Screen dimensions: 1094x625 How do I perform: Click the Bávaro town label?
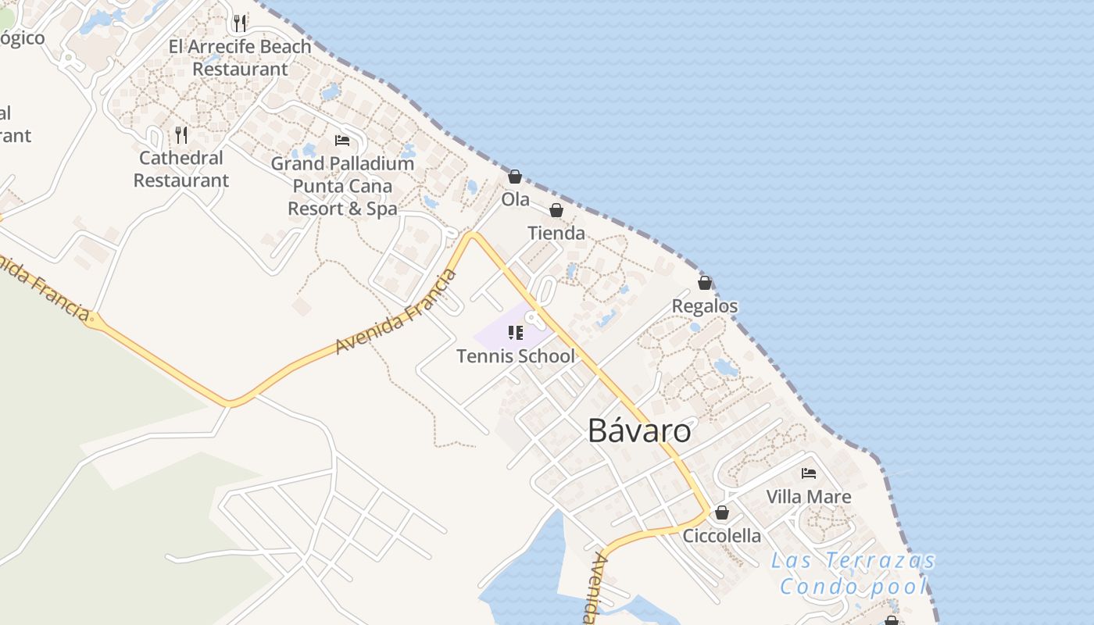[639, 430]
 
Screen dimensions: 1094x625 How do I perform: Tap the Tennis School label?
[515, 356]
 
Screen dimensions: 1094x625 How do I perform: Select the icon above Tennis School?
[515, 334]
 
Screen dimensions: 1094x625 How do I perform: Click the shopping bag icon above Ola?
[515, 177]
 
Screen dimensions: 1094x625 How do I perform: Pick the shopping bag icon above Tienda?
[556, 210]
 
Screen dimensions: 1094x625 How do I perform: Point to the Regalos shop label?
[705, 305]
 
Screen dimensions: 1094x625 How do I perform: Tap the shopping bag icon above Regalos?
[705, 283]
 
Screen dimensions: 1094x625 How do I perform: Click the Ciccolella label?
[722, 535]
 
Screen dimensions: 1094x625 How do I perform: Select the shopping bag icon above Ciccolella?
[722, 512]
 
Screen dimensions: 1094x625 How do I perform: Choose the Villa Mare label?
[809, 496]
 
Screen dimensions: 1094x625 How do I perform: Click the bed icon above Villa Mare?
[809, 473]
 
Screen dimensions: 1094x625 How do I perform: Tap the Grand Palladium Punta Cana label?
[342, 186]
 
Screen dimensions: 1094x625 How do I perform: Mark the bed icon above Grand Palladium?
[342, 141]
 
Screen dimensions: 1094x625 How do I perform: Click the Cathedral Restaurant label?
[181, 169]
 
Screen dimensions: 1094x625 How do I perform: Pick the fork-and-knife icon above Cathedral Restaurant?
[181, 135]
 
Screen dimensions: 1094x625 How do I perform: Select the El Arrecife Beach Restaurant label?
[240, 58]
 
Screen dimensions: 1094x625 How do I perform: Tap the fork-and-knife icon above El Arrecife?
[240, 23]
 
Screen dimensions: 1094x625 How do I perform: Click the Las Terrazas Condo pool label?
[853, 573]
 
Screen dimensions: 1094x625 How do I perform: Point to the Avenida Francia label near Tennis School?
[395, 312]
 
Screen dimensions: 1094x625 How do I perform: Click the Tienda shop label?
[556, 233]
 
